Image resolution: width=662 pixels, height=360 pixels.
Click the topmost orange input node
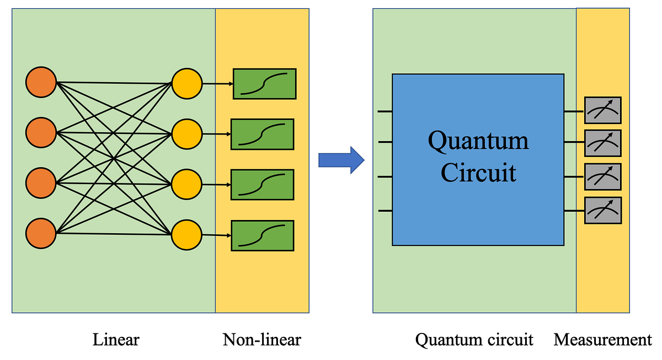(x=41, y=83)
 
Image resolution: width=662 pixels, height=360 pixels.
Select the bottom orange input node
(x=41, y=233)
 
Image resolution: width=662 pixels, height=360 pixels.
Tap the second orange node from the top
(x=41, y=132)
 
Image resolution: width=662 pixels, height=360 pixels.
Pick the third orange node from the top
(x=41, y=182)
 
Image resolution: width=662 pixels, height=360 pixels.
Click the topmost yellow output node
(x=187, y=84)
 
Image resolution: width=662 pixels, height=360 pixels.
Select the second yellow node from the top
(x=187, y=133)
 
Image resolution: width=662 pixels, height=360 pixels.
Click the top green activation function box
(x=264, y=84)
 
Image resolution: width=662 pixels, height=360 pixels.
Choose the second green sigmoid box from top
(x=262, y=134)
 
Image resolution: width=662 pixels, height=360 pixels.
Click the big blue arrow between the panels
(x=341, y=160)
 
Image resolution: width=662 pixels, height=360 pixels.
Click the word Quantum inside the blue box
(x=478, y=141)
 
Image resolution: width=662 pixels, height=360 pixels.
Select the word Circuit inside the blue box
(x=478, y=173)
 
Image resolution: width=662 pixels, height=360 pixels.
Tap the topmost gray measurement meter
(x=603, y=110)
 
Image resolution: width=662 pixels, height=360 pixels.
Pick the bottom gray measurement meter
(x=603, y=210)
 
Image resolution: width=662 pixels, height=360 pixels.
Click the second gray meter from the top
(x=603, y=143)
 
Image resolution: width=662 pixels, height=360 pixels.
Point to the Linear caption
(x=115, y=340)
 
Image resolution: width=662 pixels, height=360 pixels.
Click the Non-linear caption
(x=262, y=340)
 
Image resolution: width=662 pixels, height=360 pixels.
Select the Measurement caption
(x=602, y=340)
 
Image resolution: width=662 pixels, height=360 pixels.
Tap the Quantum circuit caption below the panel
(x=474, y=340)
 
